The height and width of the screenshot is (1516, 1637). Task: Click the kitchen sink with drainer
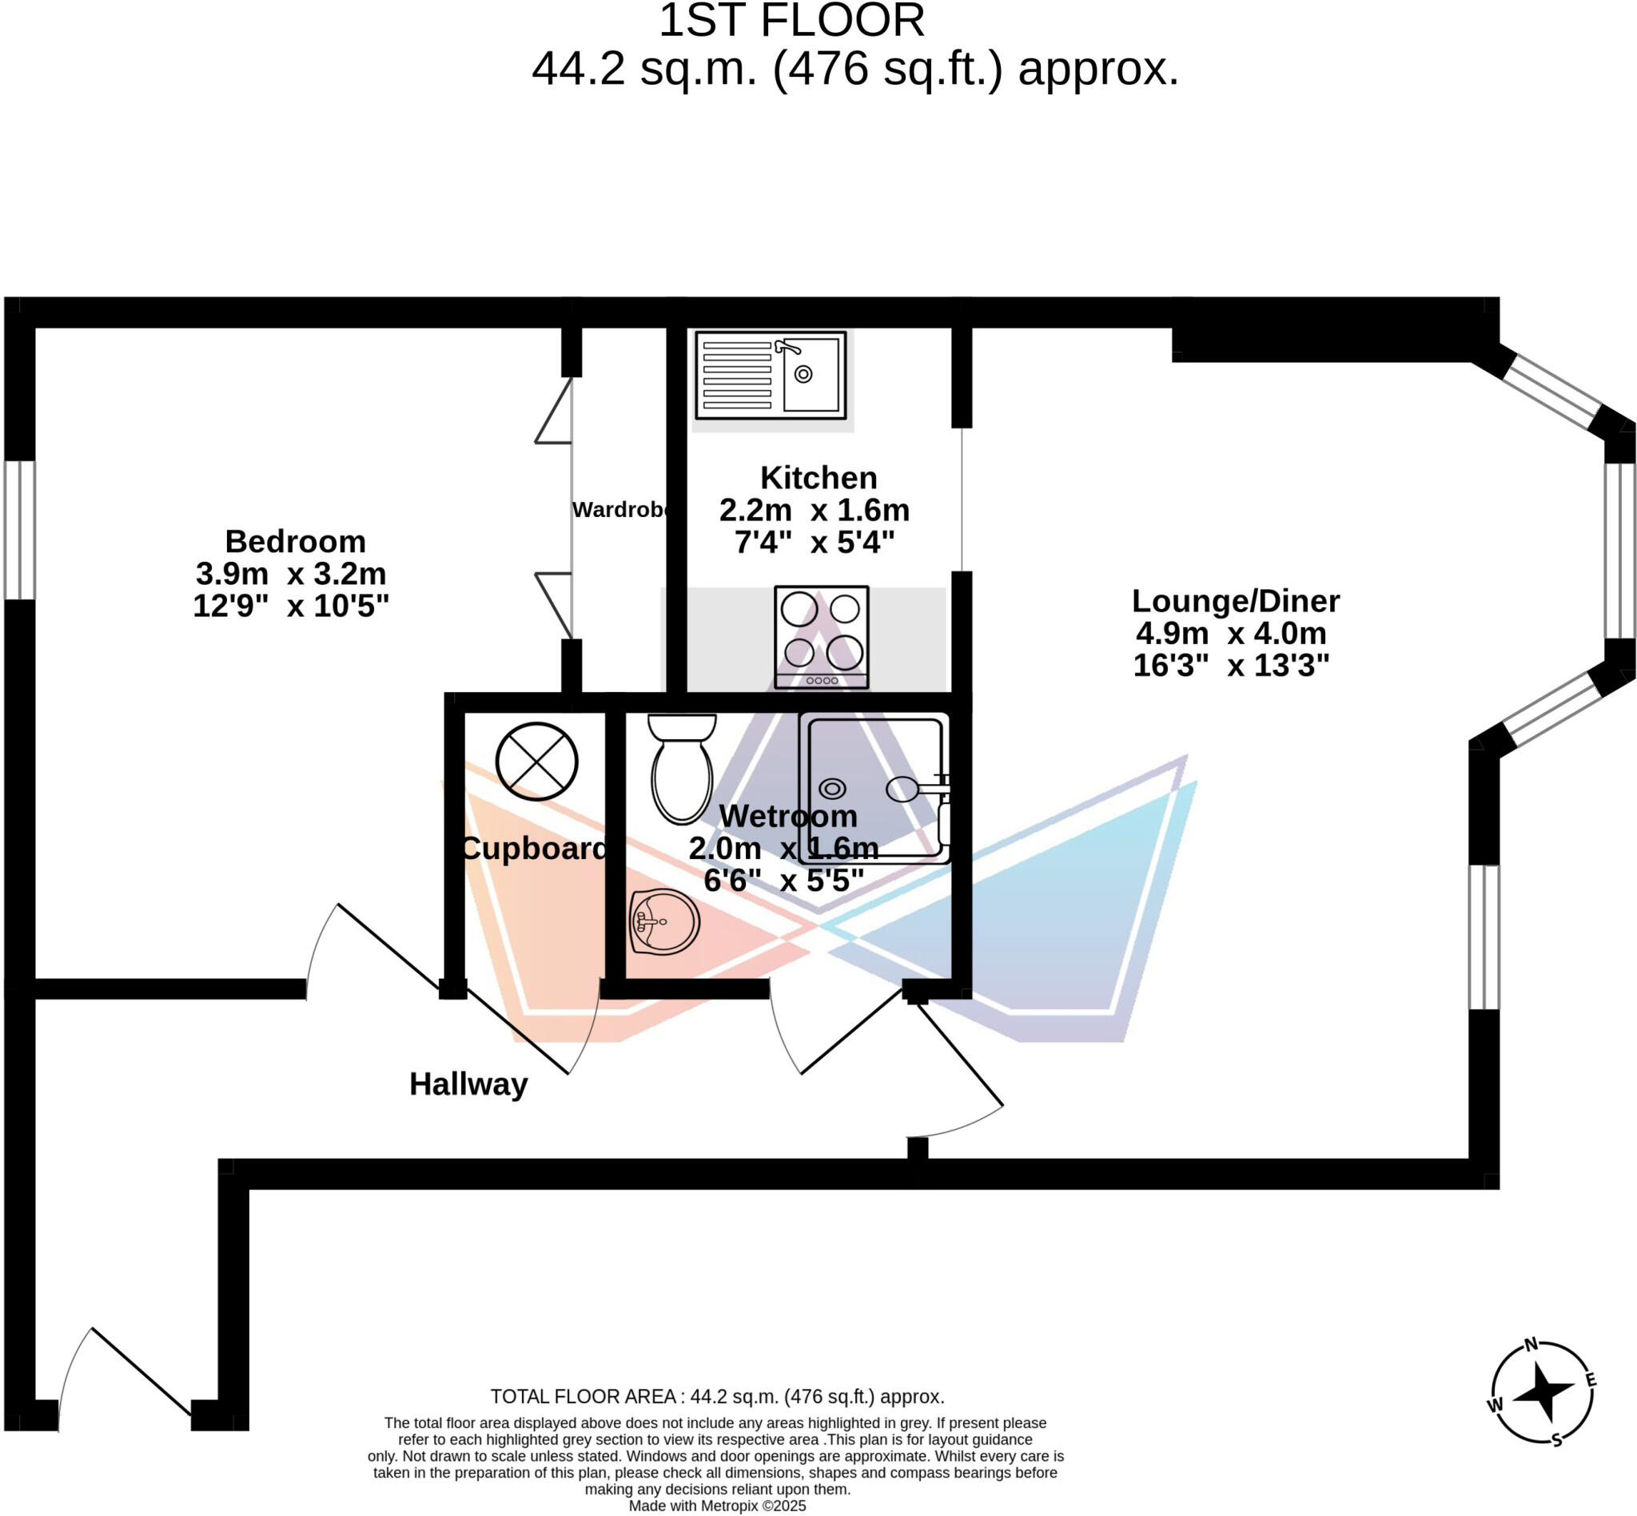click(x=770, y=375)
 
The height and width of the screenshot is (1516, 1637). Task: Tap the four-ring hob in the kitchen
click(x=821, y=637)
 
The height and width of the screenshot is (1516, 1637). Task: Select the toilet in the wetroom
click(x=681, y=768)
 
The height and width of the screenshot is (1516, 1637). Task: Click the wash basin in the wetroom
click(x=663, y=922)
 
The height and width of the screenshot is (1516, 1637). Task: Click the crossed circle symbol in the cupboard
click(x=536, y=762)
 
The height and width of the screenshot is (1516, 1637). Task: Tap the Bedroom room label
click(x=296, y=542)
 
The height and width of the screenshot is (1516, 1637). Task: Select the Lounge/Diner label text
click(x=1235, y=601)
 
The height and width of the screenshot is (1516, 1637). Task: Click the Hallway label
click(x=468, y=1084)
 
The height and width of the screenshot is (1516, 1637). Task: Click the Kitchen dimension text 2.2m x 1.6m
click(x=814, y=510)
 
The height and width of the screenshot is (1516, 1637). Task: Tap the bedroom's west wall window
click(x=20, y=530)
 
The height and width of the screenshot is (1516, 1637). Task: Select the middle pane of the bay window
click(x=1619, y=551)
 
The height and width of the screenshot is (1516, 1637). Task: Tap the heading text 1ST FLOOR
click(x=791, y=21)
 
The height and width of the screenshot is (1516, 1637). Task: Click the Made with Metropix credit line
click(x=717, y=1506)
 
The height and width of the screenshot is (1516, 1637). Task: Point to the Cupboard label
click(x=533, y=848)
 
